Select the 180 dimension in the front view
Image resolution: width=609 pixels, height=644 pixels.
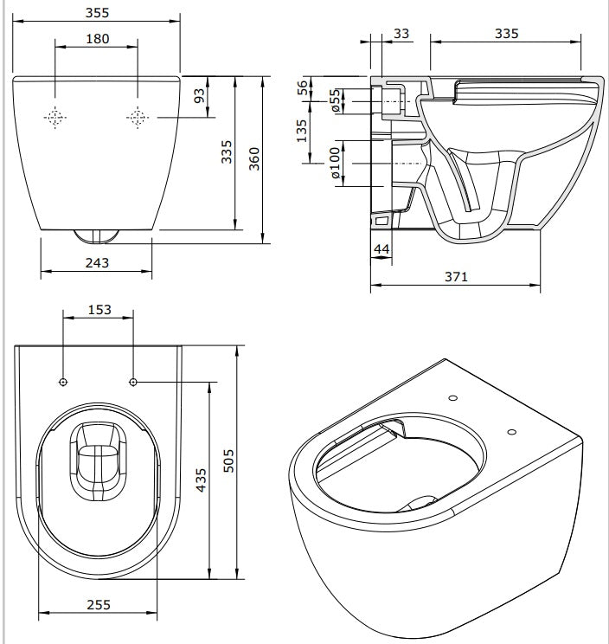pos(97,39)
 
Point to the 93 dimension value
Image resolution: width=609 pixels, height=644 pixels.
pos(200,96)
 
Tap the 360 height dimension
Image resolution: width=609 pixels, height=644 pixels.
pos(254,157)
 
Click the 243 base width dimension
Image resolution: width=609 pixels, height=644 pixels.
pos(97,262)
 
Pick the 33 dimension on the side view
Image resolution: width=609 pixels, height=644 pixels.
pos(401,33)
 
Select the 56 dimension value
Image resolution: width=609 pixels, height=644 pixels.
pos(302,88)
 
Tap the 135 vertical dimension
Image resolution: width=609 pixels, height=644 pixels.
pos(302,132)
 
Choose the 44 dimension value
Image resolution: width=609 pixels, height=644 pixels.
pos(380,250)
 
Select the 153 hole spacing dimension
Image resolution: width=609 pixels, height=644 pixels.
pos(99,310)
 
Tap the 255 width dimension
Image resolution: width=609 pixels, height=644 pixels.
pos(98,605)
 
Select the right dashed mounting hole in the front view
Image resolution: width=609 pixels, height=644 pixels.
pos(137,118)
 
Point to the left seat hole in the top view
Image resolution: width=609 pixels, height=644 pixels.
pos(64,382)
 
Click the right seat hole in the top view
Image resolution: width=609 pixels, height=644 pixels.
pos(132,382)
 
